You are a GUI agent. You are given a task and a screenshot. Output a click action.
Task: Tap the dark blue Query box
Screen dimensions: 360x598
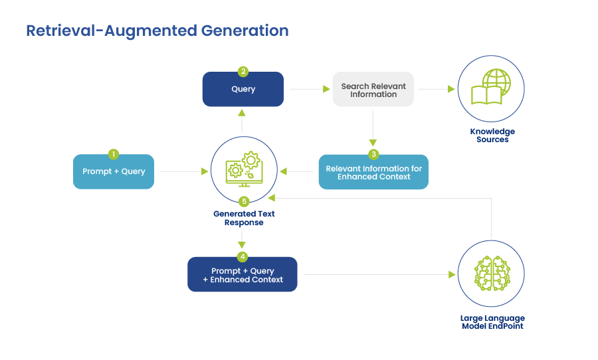[x=243, y=89]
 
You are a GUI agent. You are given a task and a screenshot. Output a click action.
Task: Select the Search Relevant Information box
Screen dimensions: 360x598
[x=373, y=90]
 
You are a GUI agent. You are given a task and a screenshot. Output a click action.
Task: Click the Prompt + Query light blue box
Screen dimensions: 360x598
[x=114, y=171]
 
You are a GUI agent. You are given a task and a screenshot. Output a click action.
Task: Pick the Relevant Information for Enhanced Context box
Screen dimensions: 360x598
[x=373, y=172]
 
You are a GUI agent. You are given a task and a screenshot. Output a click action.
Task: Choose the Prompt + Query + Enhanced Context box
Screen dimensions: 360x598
[x=243, y=274]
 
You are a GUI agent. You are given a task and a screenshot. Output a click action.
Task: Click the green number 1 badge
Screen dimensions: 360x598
[x=114, y=154]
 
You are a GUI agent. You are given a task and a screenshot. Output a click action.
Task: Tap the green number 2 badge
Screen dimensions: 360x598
[x=243, y=72]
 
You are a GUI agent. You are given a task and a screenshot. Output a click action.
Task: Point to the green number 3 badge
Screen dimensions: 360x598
[x=373, y=154]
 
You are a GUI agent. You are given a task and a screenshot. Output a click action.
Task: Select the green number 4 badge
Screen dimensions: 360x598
[x=243, y=256]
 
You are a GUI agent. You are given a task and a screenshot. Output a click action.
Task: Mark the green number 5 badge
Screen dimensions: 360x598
[x=244, y=201]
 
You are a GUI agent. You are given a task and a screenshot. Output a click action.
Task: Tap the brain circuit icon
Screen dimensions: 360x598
[x=492, y=274]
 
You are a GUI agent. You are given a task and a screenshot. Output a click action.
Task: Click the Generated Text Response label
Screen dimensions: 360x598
[x=244, y=218]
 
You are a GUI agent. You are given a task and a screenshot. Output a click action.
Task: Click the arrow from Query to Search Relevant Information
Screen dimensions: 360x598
[x=309, y=89]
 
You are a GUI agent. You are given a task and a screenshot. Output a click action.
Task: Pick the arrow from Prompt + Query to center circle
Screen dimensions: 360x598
[x=183, y=171]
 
